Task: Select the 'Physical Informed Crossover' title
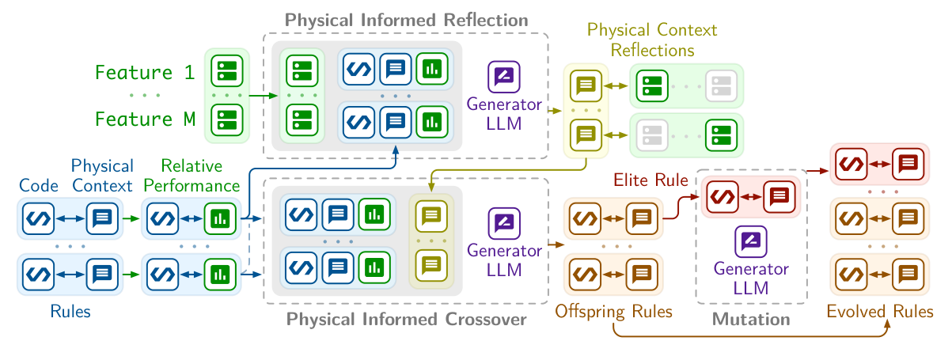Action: click(406, 320)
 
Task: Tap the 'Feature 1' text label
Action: click(144, 73)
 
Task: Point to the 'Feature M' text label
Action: click(144, 120)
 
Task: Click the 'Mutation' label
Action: click(751, 320)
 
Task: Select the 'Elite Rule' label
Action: click(651, 180)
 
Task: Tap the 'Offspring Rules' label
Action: click(613, 312)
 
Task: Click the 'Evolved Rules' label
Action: click(879, 312)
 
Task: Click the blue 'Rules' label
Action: click(70, 312)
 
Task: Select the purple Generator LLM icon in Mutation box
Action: click(751, 241)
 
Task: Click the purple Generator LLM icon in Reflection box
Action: click(504, 78)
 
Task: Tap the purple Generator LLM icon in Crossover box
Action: click(504, 222)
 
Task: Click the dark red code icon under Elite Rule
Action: click(722, 195)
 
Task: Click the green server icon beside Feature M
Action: click(226, 121)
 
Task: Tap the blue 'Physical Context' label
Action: click(102, 176)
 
